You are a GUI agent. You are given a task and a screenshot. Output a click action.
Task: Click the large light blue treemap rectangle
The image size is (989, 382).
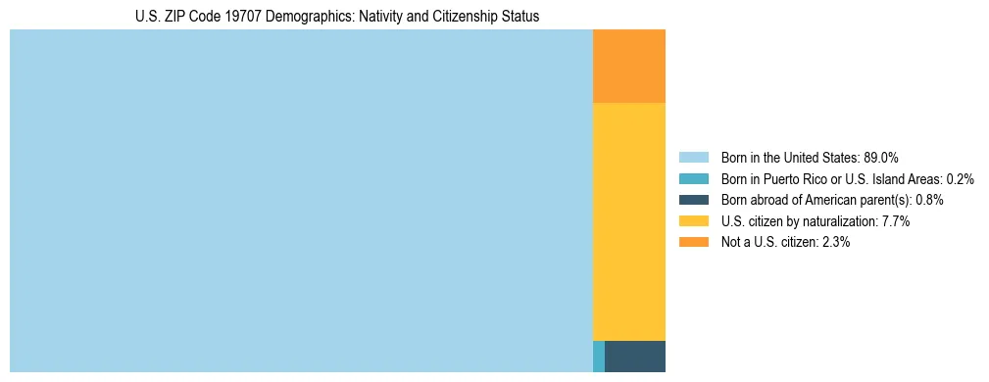point(301,201)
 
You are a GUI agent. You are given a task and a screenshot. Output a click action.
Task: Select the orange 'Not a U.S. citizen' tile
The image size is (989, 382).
point(629,66)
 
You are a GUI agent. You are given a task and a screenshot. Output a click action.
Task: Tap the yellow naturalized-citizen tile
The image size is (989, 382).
point(629,221)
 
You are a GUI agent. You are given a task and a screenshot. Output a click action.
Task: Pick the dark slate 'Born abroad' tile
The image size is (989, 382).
point(635,357)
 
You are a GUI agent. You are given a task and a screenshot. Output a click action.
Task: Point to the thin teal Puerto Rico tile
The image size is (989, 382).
point(599,357)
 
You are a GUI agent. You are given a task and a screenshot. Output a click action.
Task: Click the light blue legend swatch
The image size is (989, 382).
point(693,157)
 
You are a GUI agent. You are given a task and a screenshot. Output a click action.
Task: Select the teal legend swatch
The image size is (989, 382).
point(693,178)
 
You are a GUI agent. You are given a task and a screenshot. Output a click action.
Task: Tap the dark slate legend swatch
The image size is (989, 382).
point(693,200)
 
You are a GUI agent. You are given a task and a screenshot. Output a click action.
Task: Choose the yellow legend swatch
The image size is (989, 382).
point(693,221)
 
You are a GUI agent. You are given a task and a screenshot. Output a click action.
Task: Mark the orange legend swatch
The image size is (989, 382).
point(693,242)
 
